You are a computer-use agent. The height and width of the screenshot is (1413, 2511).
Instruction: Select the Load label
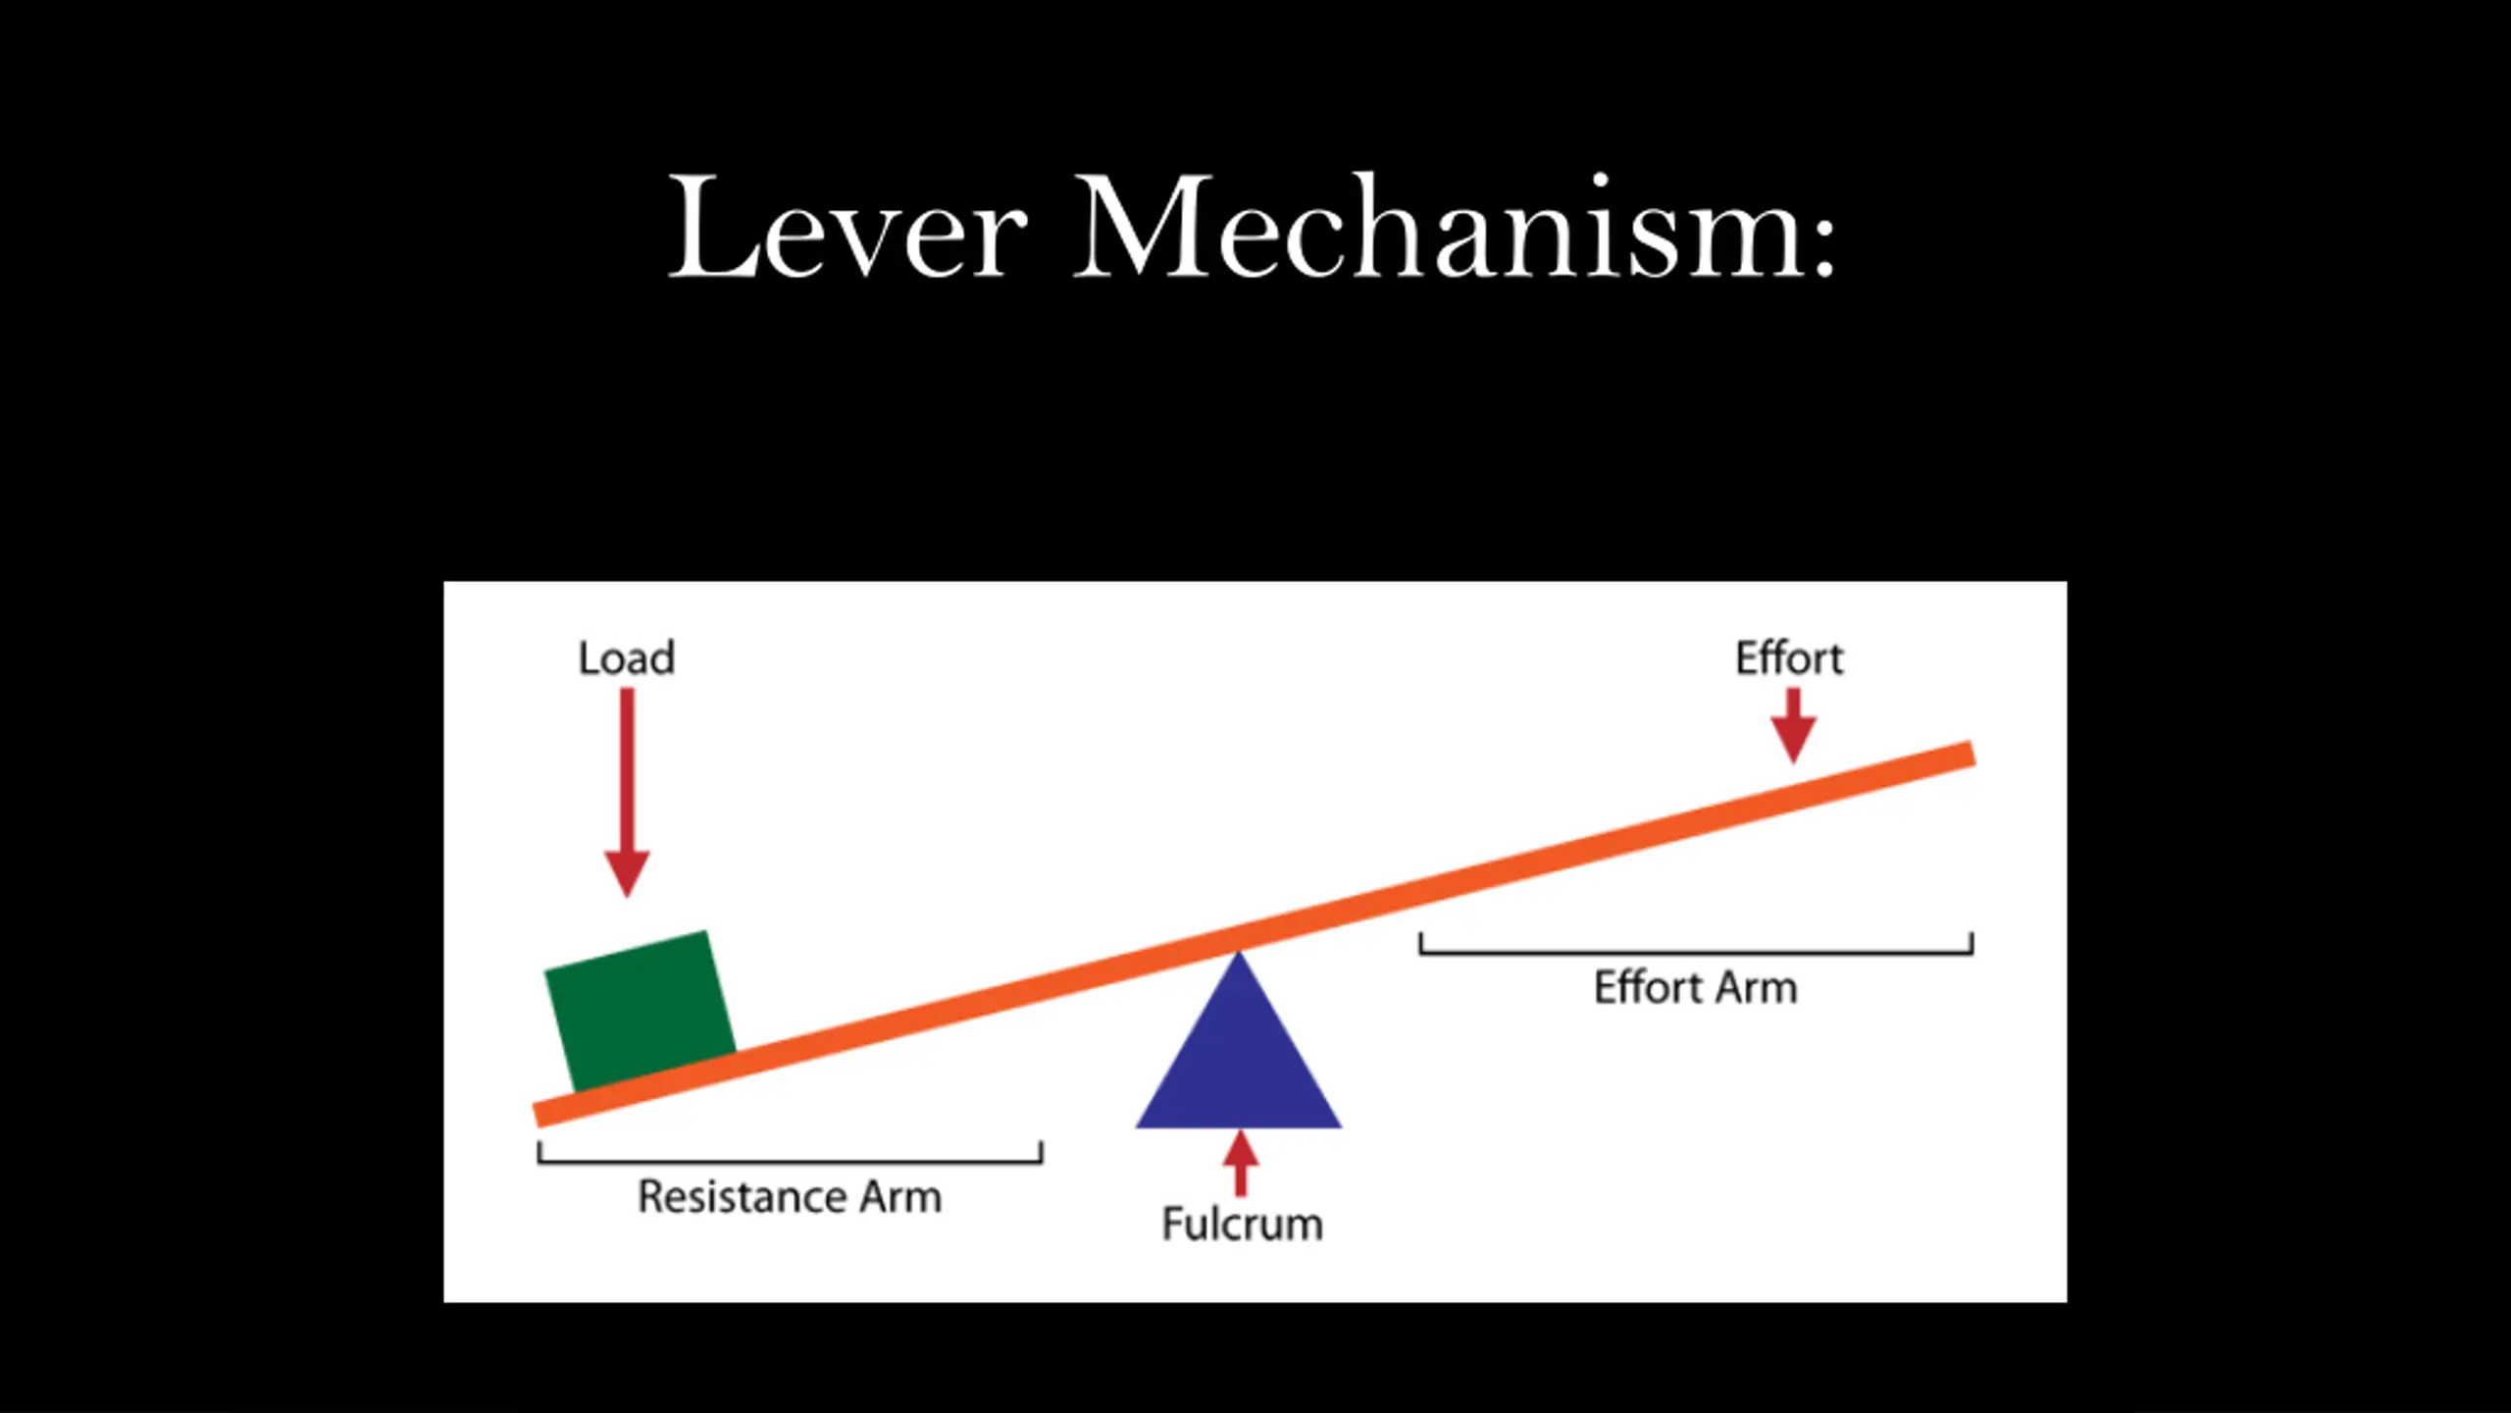tap(627, 658)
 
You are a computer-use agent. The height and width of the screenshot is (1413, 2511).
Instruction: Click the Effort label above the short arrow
tap(1790, 657)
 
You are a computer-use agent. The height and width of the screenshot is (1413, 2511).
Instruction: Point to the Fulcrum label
tap(1243, 1224)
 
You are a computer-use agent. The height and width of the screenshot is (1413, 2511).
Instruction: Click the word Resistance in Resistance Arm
tap(743, 1197)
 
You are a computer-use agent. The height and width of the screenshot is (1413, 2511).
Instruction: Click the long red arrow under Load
tap(627, 793)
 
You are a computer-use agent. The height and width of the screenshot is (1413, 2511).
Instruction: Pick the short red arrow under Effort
tap(1794, 726)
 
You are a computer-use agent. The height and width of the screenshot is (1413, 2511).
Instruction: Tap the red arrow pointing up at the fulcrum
tap(1241, 1164)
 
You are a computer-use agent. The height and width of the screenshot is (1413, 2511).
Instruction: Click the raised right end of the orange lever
tap(1973, 754)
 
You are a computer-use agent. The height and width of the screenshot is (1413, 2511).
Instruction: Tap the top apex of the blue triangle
tap(1239, 951)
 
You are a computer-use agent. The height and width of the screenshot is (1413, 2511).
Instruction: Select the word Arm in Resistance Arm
tap(900, 1197)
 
